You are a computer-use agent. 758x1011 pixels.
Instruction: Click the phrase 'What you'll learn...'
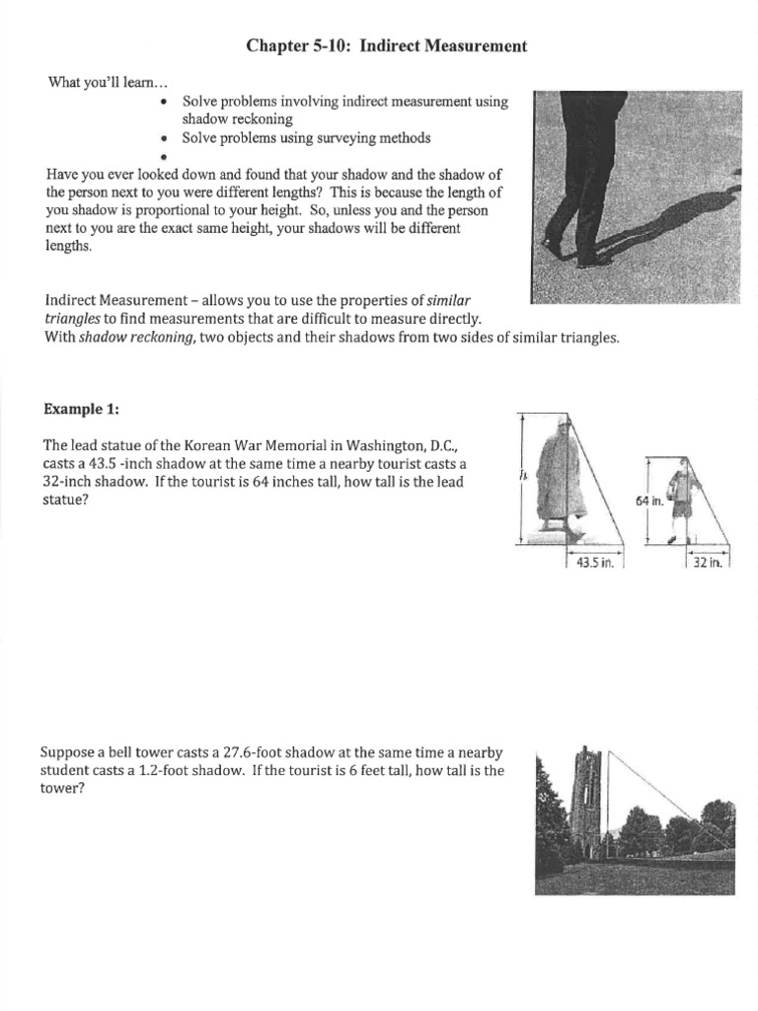(95, 81)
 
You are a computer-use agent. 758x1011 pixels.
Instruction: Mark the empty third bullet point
(161, 157)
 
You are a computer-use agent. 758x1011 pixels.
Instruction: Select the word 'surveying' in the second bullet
(336, 137)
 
